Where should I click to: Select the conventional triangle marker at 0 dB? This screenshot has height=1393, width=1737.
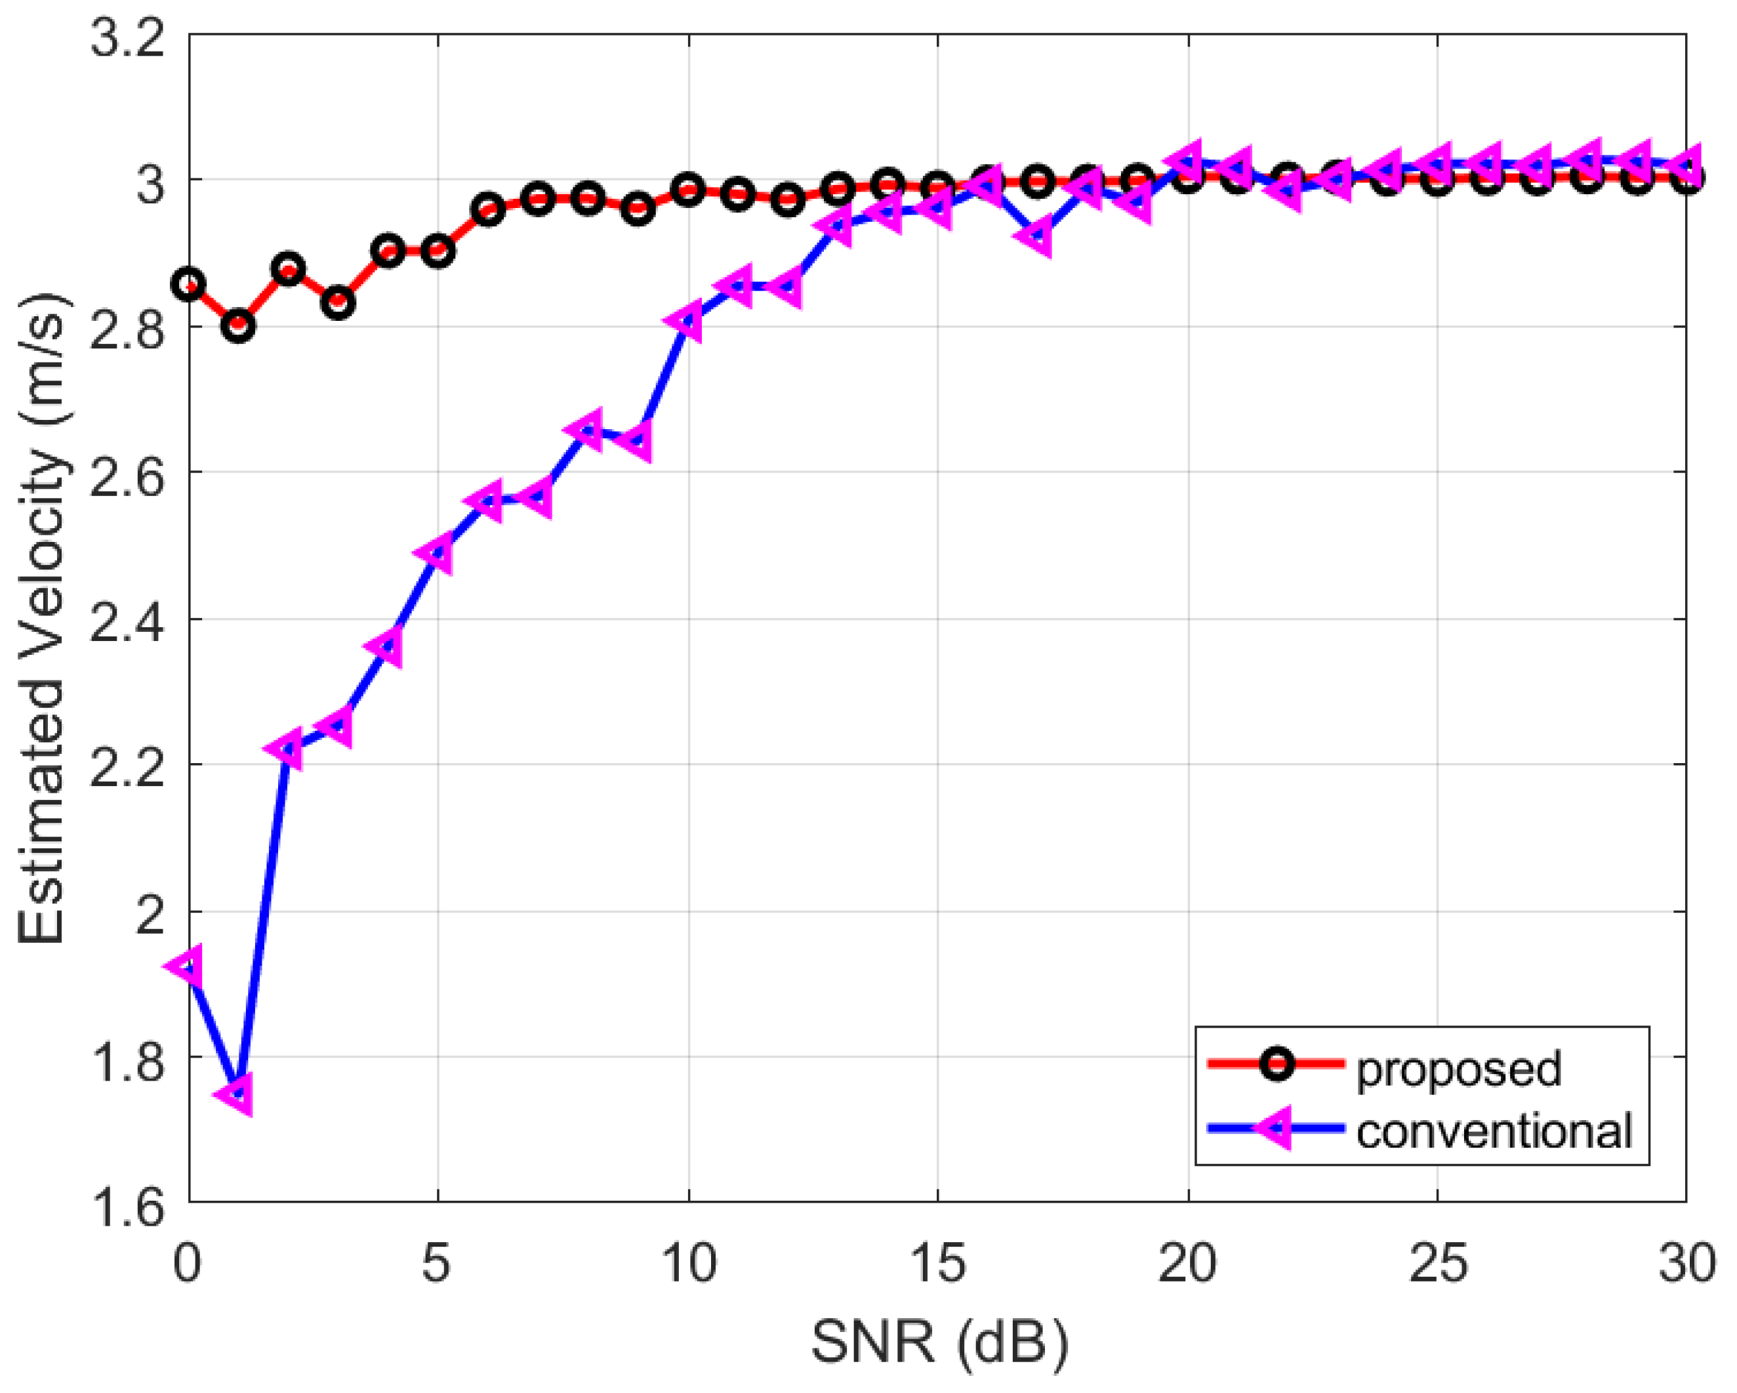point(188,966)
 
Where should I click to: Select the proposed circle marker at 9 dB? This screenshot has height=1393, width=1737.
point(638,209)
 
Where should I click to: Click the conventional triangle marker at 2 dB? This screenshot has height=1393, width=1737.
point(287,749)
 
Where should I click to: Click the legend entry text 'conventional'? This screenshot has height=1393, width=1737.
point(1494,1131)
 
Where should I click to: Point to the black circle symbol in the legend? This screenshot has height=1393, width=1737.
point(1277,1064)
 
